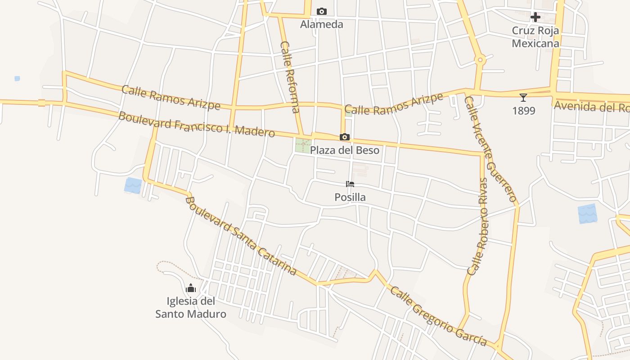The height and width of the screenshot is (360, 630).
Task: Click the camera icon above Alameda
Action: coord(322,11)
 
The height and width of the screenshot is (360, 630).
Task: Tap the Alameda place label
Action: coord(322,24)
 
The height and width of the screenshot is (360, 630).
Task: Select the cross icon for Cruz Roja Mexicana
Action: coord(535,18)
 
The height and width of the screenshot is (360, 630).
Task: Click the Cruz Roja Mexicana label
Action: coord(535,37)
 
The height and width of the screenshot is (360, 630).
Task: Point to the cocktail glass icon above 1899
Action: coord(523,97)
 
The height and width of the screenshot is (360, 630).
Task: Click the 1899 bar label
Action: coord(524,111)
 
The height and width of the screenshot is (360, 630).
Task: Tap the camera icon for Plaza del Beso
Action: coord(345,137)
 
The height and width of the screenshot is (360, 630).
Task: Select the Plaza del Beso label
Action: coord(345,150)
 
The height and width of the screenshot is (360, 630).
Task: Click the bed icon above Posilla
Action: coord(350,184)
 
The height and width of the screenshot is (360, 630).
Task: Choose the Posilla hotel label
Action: coord(350,197)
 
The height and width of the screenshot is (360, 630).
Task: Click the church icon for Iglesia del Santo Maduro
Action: coord(191,288)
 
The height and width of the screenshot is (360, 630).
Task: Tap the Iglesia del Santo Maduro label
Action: coord(191,307)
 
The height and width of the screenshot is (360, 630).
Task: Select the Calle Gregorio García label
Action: coord(438,316)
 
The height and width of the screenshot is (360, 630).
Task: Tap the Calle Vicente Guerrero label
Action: coord(490,149)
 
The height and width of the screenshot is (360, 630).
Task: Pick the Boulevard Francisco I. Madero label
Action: coord(197,124)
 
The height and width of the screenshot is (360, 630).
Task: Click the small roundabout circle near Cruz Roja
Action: coord(480,59)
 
